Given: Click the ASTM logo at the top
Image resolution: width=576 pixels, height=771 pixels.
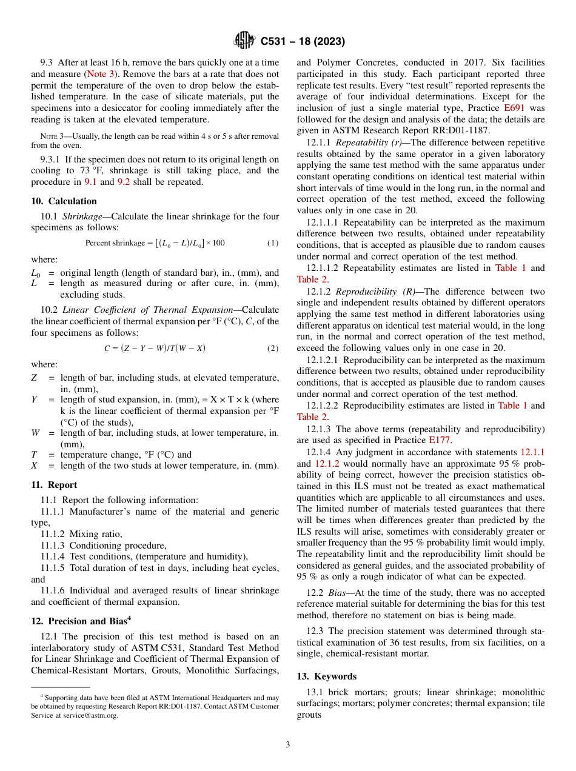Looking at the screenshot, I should click(x=244, y=41).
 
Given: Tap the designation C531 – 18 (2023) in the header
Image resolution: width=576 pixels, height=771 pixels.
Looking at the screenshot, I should click(x=303, y=41).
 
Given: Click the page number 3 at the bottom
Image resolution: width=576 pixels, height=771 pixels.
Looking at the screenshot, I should click(x=288, y=744).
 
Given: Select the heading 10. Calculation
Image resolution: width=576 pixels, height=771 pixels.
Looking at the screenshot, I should click(x=64, y=201).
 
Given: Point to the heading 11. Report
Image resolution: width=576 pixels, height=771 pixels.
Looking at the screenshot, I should click(x=54, y=485).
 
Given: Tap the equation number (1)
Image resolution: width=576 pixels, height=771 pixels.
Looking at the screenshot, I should click(x=273, y=243).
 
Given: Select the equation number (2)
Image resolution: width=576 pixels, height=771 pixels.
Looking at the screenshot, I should click(x=273, y=349).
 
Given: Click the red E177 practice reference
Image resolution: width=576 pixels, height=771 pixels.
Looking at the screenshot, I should click(x=439, y=440).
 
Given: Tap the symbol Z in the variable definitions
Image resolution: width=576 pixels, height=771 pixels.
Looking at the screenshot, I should click(x=34, y=378).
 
